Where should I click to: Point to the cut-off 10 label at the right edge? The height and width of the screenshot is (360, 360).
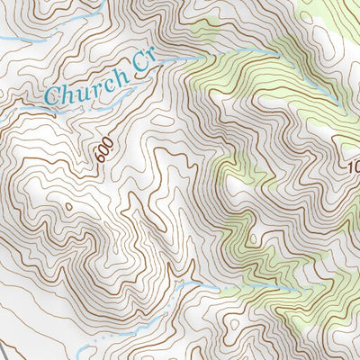[x=352, y=167]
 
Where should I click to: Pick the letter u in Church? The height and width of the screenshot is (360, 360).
[x=78, y=91]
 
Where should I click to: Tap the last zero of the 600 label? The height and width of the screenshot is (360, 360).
[x=107, y=147]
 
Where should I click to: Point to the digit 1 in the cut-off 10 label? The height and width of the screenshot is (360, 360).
[x=347, y=167]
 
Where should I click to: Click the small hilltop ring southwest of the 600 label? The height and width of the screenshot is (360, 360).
[x=67, y=207]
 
